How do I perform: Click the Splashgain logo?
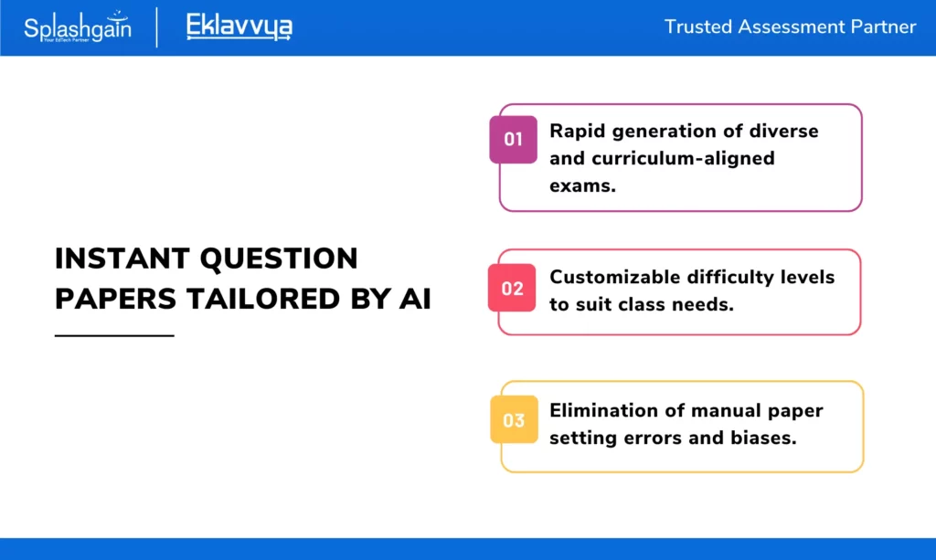click(78, 26)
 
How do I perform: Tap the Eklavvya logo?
click(239, 26)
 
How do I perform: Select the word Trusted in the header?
click(697, 26)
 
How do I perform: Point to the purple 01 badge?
click(514, 139)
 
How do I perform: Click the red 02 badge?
click(512, 288)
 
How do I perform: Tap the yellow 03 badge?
click(514, 419)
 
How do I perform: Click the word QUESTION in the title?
click(279, 259)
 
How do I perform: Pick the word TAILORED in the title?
click(263, 299)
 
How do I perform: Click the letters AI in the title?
click(415, 299)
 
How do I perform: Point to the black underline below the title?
click(114, 336)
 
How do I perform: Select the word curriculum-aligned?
click(684, 158)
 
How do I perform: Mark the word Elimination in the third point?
click(604, 410)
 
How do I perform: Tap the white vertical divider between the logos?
click(157, 27)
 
